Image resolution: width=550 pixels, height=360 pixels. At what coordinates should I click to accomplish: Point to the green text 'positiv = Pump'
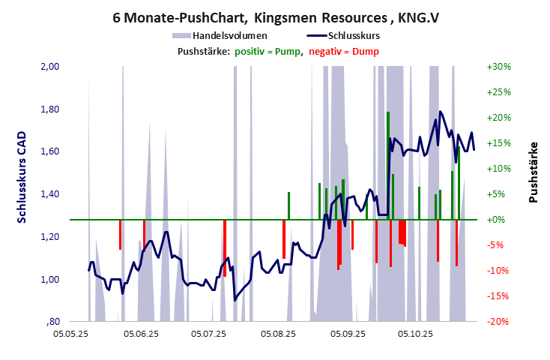pyautogui.click(x=268, y=51)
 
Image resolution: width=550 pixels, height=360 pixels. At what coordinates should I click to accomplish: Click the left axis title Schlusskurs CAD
pyautogui.click(x=22, y=178)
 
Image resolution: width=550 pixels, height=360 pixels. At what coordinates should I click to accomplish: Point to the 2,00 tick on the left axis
pyautogui.click(x=49, y=67)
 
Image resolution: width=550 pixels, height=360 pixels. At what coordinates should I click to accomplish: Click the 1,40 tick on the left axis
pyautogui.click(x=49, y=194)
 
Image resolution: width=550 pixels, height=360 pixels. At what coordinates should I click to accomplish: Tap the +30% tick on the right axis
pyautogui.click(x=498, y=67)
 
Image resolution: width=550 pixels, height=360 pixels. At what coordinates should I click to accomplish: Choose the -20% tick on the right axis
pyautogui.click(x=498, y=322)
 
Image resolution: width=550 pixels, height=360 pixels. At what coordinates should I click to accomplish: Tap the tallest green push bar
pyautogui.click(x=388, y=165)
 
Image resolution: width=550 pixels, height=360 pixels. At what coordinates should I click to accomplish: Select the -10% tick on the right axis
pyautogui.click(x=498, y=271)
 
